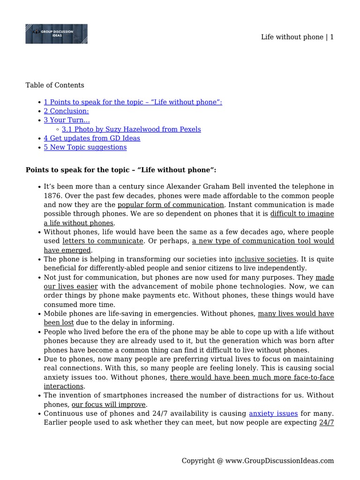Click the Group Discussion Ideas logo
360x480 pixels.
click(56, 34)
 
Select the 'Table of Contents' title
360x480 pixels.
click(55, 85)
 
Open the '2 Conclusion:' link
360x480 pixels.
click(66, 111)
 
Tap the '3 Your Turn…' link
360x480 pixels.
click(67, 120)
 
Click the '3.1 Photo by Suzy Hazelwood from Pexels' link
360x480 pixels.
click(131, 129)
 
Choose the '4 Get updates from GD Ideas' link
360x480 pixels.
click(92, 138)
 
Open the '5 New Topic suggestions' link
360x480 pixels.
click(85, 147)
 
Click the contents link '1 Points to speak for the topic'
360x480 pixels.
click(133, 102)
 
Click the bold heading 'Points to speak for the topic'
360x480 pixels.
click(121, 170)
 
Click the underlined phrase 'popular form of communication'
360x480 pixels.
click(171, 205)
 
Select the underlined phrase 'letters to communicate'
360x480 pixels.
click(103, 241)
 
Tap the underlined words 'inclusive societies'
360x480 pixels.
click(265, 259)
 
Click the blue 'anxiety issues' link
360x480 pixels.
click(273, 413)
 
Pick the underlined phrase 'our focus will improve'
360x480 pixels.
click(109, 405)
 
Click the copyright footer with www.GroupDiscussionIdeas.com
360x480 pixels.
click(258, 461)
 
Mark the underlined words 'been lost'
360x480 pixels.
click(59, 322)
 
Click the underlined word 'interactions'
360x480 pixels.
click(63, 386)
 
